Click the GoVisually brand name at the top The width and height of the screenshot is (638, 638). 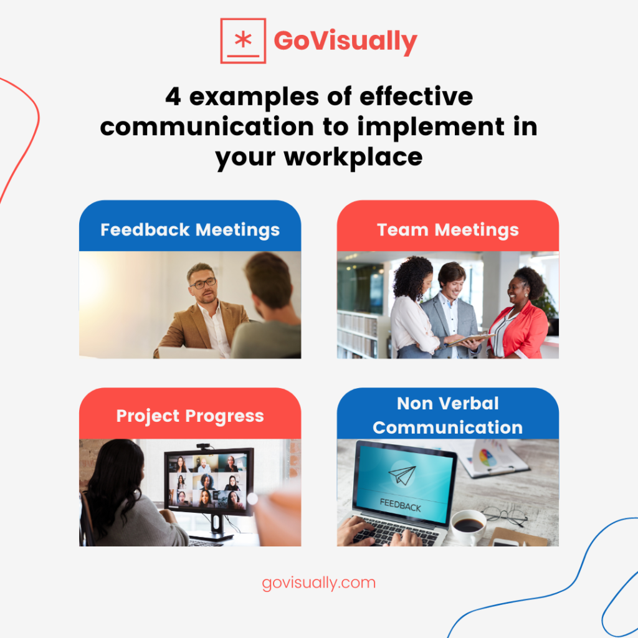(345, 41)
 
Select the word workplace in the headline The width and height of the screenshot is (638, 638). (353, 157)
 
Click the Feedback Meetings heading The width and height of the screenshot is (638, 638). (190, 229)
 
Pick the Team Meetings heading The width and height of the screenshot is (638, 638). (447, 229)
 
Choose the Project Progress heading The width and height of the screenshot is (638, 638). (190, 416)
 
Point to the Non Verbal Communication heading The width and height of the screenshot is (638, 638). (447, 416)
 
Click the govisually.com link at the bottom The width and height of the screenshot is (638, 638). (319, 583)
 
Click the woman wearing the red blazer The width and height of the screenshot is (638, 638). (520, 318)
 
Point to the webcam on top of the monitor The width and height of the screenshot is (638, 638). (203, 446)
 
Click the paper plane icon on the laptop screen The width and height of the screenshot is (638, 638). (402, 476)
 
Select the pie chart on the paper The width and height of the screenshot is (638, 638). (488, 458)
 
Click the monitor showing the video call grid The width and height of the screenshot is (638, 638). (209, 482)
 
